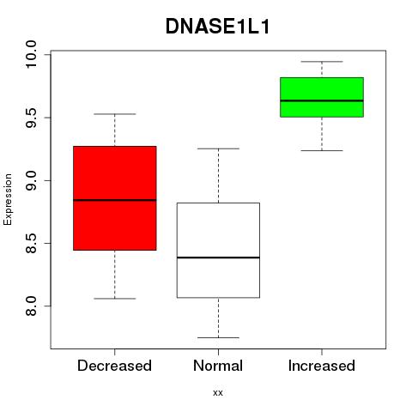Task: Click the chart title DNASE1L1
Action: pyautogui.click(x=217, y=27)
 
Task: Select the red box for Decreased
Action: pyautogui.click(x=115, y=198)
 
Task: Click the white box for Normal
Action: pyautogui.click(x=218, y=251)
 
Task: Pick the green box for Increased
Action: pyautogui.click(x=322, y=97)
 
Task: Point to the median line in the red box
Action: pyautogui.click(x=115, y=200)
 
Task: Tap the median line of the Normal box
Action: pyautogui.click(x=218, y=257)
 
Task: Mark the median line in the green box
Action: pyautogui.click(x=322, y=100)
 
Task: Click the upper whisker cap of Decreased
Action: pyautogui.click(x=115, y=114)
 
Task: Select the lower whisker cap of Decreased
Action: pyautogui.click(x=115, y=299)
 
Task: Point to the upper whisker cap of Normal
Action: pyautogui.click(x=218, y=148)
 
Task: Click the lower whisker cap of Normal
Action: pyautogui.click(x=218, y=337)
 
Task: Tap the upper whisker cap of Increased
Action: pyautogui.click(x=322, y=61)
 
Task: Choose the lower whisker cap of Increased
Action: pyautogui.click(x=322, y=150)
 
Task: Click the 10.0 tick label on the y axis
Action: pyautogui.click(x=30, y=54)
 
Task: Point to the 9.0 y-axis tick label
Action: pyautogui.click(x=30, y=180)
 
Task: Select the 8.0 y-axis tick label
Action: pyautogui.click(x=30, y=306)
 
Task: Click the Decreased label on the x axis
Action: pyautogui.click(x=114, y=366)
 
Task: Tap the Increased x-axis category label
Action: pyautogui.click(x=322, y=366)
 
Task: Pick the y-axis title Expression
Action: pyautogui.click(x=8, y=200)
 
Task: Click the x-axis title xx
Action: pyautogui.click(x=218, y=393)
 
